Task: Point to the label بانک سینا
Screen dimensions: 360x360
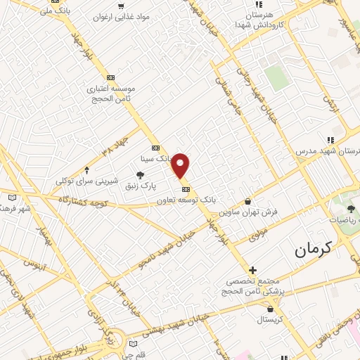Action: tap(155, 159)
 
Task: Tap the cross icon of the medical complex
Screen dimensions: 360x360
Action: tap(252, 270)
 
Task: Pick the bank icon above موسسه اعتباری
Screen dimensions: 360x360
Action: tap(110, 77)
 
